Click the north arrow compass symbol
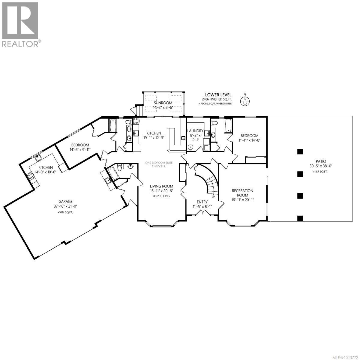245,101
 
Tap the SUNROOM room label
163,103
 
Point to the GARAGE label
65,202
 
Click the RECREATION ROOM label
242,193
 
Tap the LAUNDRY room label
195,131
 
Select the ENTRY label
202,202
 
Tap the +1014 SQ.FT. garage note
65,212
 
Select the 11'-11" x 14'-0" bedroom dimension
248,140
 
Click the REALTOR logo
20,24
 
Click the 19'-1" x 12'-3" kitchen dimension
154,138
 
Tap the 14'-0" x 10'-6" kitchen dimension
45,172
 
